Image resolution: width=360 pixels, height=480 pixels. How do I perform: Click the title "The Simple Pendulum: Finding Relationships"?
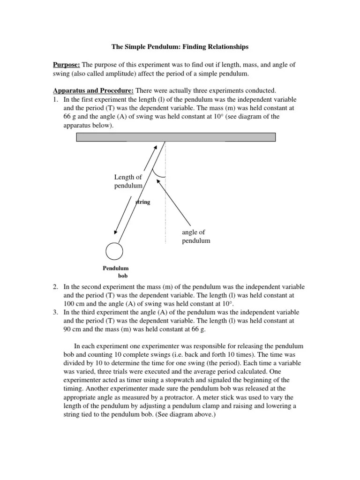click(180, 47)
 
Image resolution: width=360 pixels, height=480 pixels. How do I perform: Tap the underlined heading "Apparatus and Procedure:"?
click(92, 90)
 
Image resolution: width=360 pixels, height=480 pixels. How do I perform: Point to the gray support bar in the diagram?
click(176, 137)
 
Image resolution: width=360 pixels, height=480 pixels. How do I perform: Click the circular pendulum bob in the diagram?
click(114, 251)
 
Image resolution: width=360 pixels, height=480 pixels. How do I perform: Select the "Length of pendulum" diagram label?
click(128, 181)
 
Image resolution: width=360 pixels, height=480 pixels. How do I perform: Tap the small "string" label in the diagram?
click(142, 202)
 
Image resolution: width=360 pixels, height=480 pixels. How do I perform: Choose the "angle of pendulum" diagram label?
click(196, 236)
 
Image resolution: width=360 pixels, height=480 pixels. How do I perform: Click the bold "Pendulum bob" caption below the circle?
click(116, 272)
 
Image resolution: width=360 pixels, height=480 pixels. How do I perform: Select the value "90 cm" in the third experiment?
click(72, 329)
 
